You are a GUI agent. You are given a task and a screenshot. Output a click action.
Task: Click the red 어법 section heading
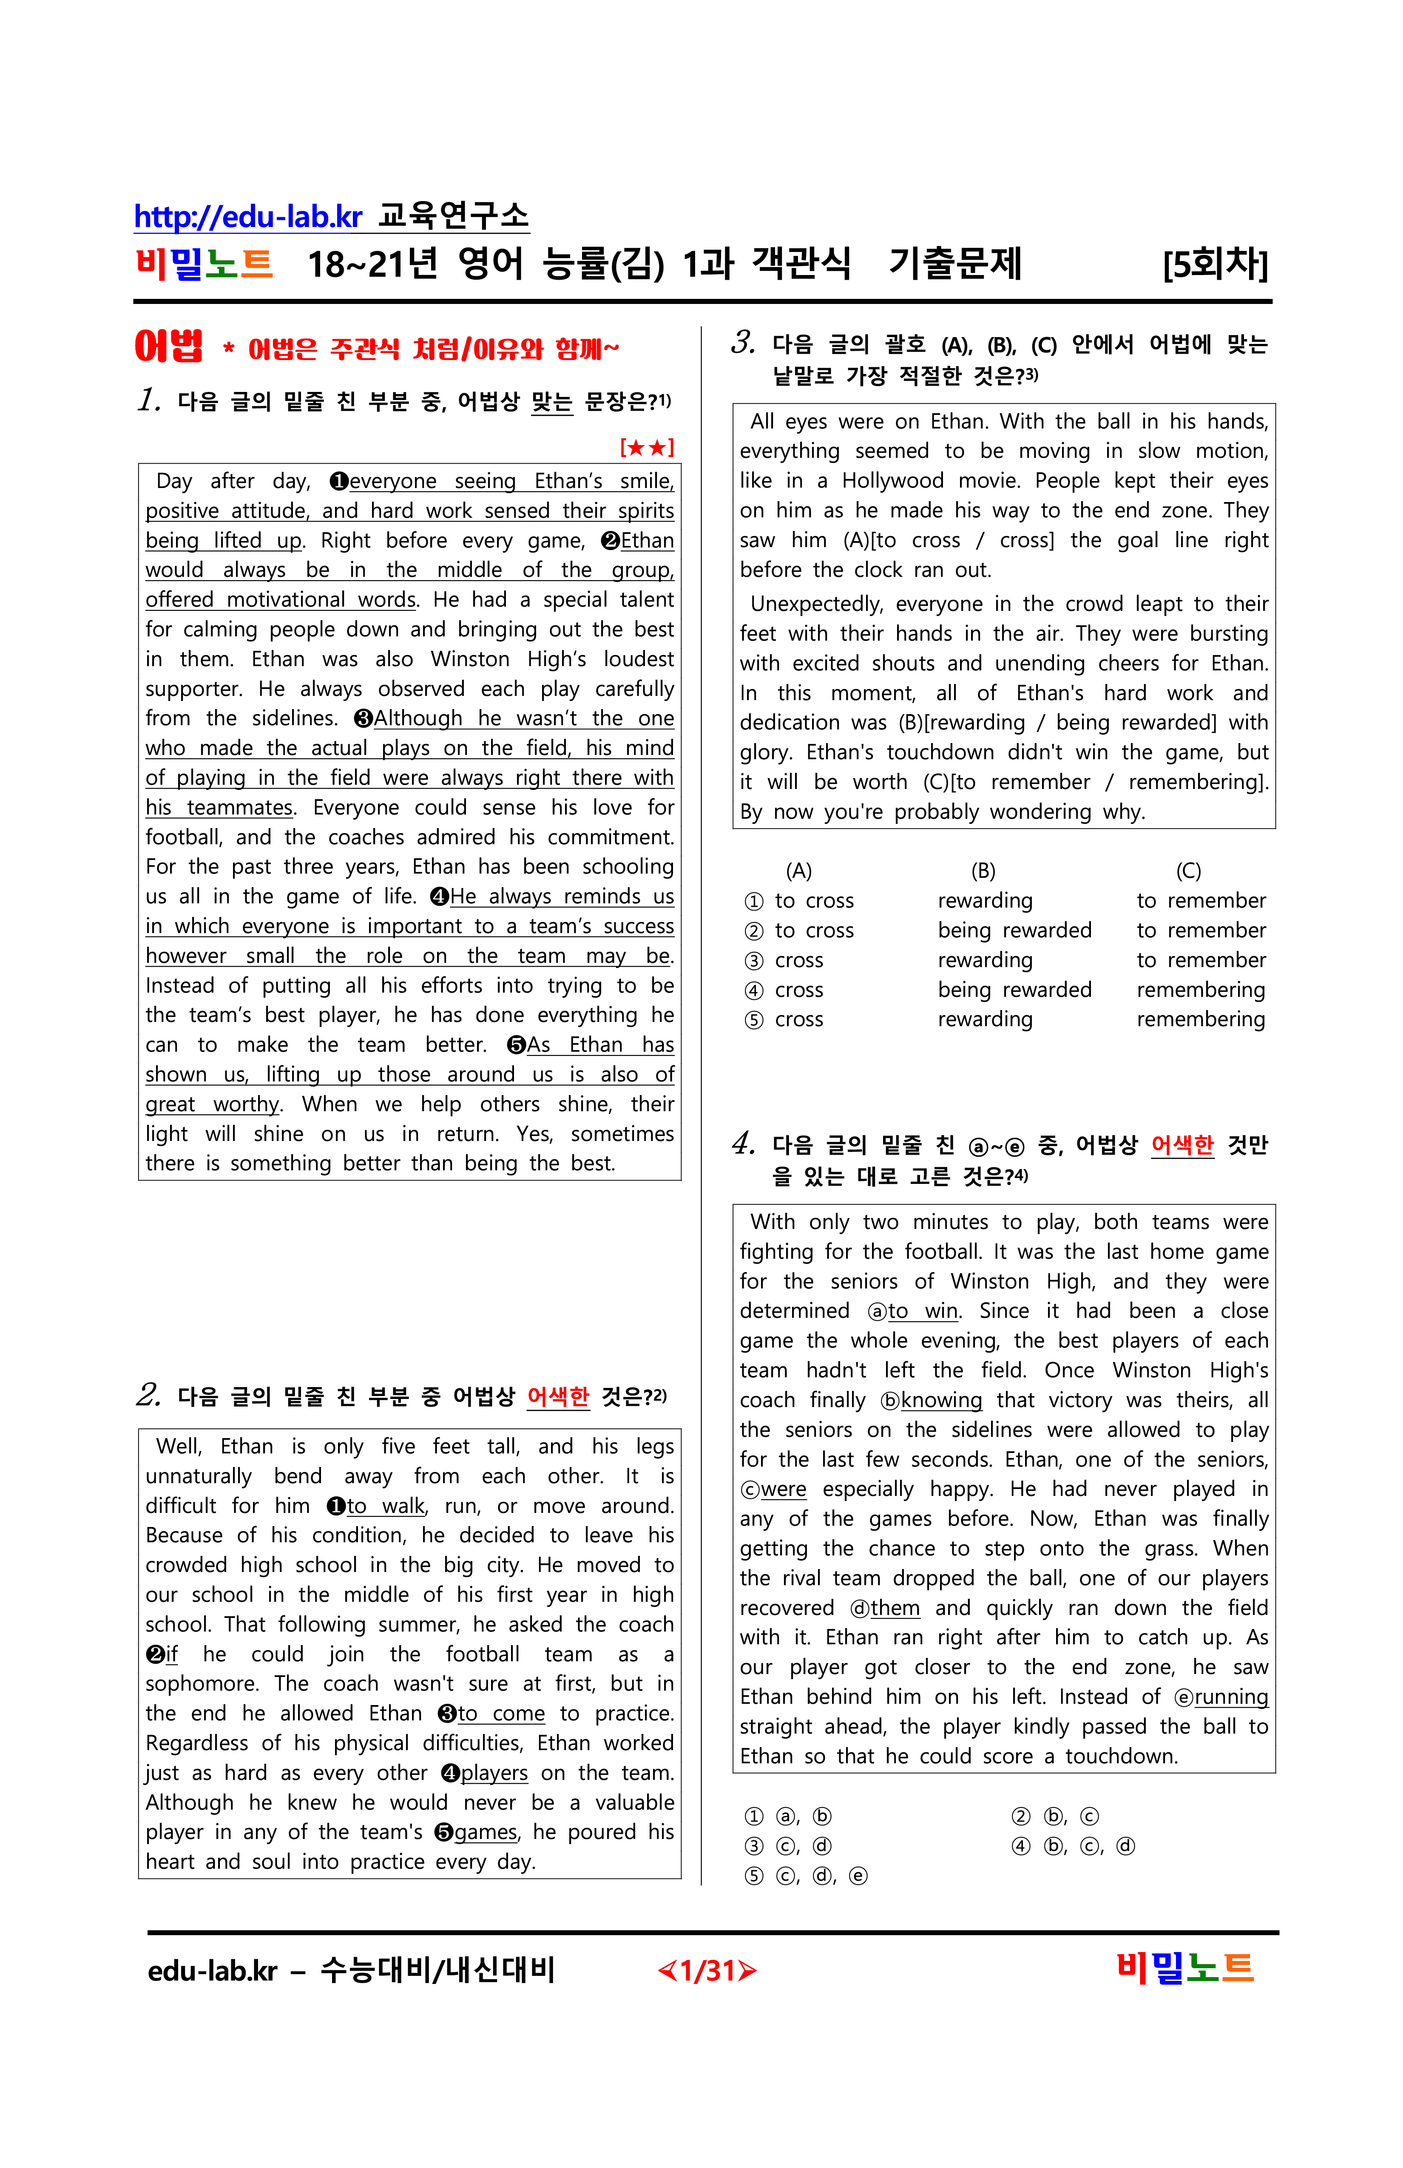pyautogui.click(x=168, y=347)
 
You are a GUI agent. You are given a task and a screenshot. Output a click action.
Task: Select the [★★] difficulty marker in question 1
pyautogui.click(x=647, y=447)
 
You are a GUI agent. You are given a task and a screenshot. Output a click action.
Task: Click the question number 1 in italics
pyautogui.click(x=148, y=400)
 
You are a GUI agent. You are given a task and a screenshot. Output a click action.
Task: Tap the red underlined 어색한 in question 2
pyautogui.click(x=557, y=1396)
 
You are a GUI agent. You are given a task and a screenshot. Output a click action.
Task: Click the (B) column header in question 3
pyautogui.click(x=983, y=871)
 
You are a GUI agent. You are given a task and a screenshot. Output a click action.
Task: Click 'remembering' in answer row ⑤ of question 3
pyautogui.click(x=1200, y=1019)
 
